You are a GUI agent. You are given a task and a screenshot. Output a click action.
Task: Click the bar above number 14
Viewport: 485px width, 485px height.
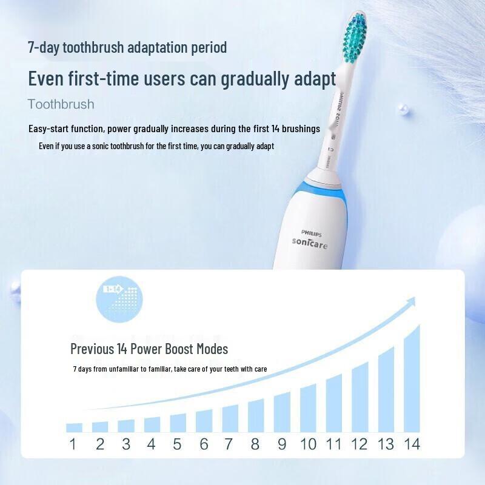coord(412,379)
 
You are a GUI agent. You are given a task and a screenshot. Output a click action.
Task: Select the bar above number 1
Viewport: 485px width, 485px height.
coord(74,427)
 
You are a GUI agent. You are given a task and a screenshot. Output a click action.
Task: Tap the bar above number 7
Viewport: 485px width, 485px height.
coord(230,418)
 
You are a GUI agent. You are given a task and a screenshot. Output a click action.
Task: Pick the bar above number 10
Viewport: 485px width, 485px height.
coord(308,407)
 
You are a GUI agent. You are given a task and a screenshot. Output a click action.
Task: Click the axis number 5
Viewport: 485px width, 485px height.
coord(177,444)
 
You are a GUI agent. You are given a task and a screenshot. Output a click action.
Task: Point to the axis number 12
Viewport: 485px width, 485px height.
coord(360,444)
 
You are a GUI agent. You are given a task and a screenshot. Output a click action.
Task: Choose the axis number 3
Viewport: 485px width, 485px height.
coord(126,444)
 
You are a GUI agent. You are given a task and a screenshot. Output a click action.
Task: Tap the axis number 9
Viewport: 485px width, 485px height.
coord(282,444)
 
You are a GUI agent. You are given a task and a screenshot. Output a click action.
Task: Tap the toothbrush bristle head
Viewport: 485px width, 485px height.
coord(355,39)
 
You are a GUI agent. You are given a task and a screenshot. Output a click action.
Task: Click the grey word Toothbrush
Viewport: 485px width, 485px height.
coord(61,104)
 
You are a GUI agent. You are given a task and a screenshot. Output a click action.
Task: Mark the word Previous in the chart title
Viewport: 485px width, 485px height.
coord(92,349)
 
